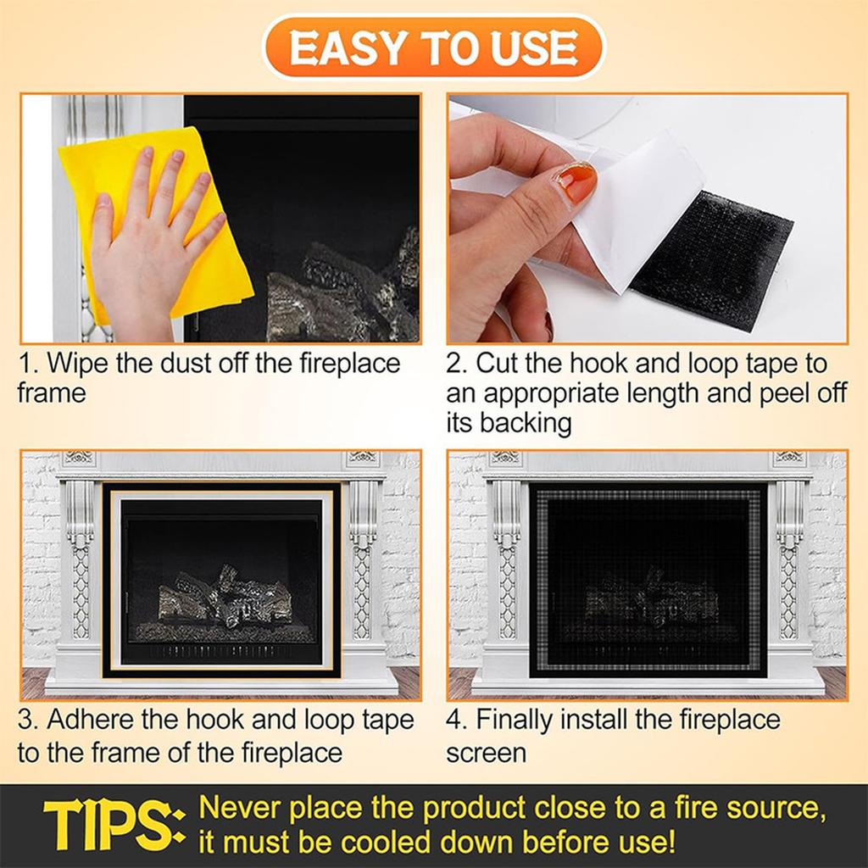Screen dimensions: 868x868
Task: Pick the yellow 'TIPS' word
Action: click(x=110, y=826)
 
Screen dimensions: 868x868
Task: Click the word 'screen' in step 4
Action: click(x=487, y=752)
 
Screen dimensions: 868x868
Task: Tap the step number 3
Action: click(x=27, y=720)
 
